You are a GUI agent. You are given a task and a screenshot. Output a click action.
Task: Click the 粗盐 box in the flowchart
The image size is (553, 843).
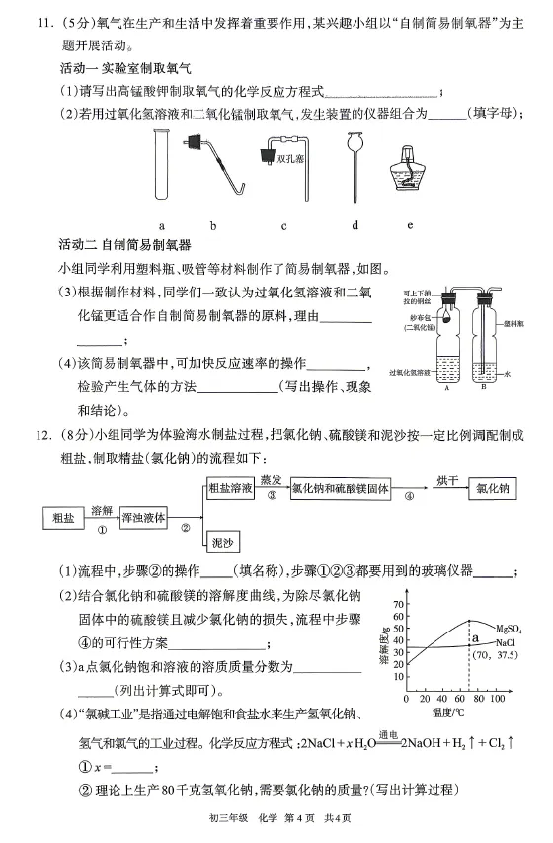pos(64,516)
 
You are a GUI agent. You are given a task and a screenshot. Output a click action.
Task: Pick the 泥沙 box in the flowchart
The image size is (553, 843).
pos(223,543)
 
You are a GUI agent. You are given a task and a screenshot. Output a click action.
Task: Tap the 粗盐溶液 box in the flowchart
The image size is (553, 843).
pos(232,489)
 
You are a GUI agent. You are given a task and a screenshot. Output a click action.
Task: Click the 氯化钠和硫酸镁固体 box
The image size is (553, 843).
pos(342,489)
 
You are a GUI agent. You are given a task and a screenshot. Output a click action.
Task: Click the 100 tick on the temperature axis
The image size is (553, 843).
pos(498,699)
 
